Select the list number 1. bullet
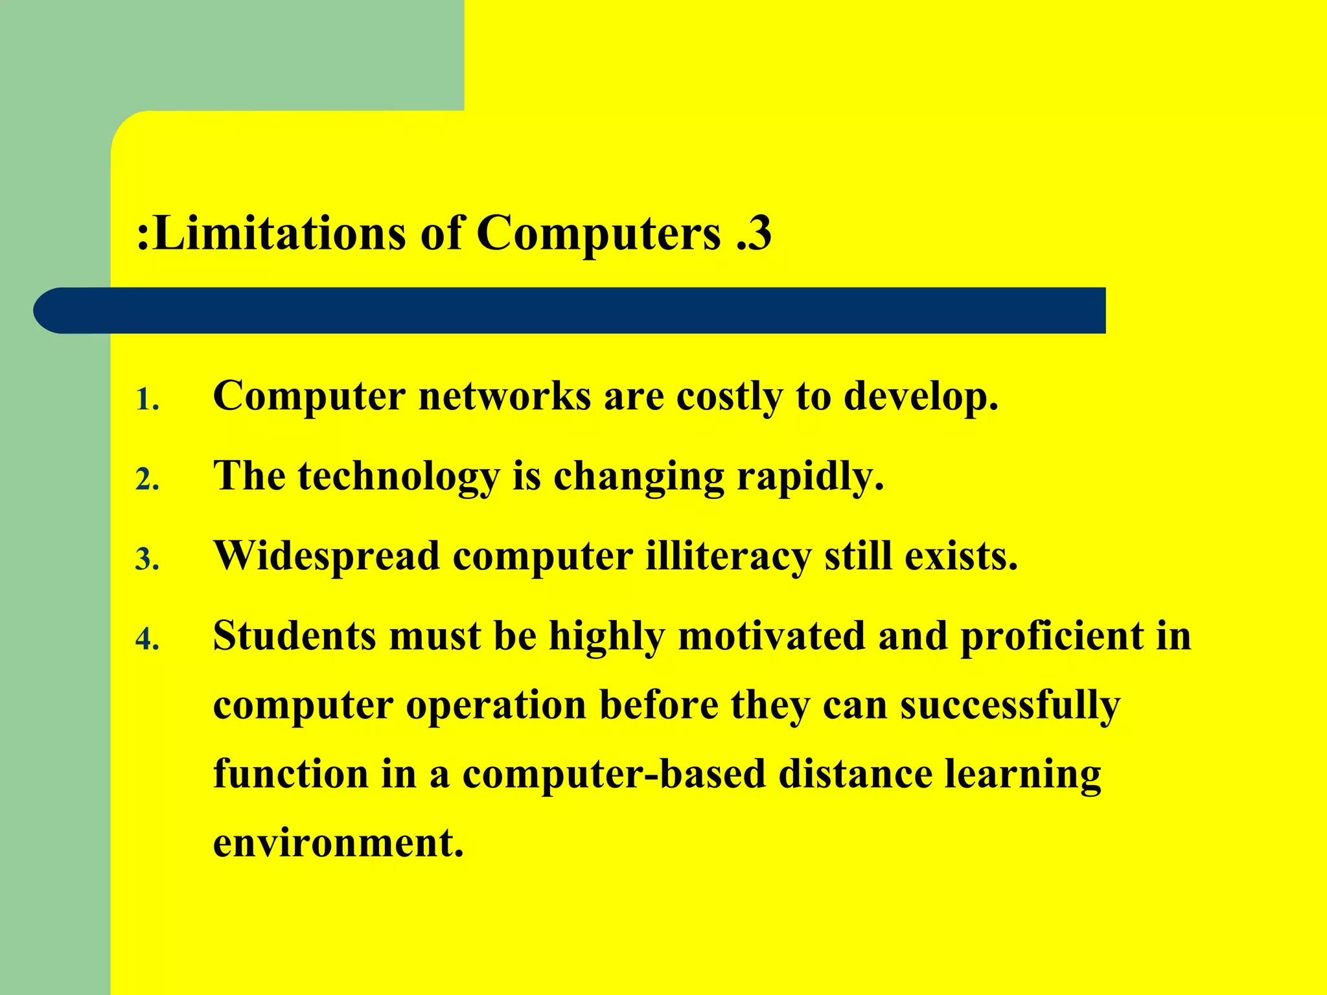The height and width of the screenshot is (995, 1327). [147, 400]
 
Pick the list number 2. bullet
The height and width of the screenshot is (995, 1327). [147, 480]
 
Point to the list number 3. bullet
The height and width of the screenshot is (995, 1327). [147, 560]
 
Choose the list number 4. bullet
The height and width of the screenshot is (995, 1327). [147, 639]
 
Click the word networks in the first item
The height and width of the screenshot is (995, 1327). [505, 396]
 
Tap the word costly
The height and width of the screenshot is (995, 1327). [729, 397]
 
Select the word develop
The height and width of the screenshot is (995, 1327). [920, 397]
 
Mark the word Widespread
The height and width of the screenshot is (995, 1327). [327, 556]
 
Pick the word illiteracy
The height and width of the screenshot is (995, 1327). [728, 556]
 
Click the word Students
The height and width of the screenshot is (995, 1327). [294, 635]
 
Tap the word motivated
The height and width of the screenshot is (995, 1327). [771, 635]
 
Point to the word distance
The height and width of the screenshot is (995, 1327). [855, 774]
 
